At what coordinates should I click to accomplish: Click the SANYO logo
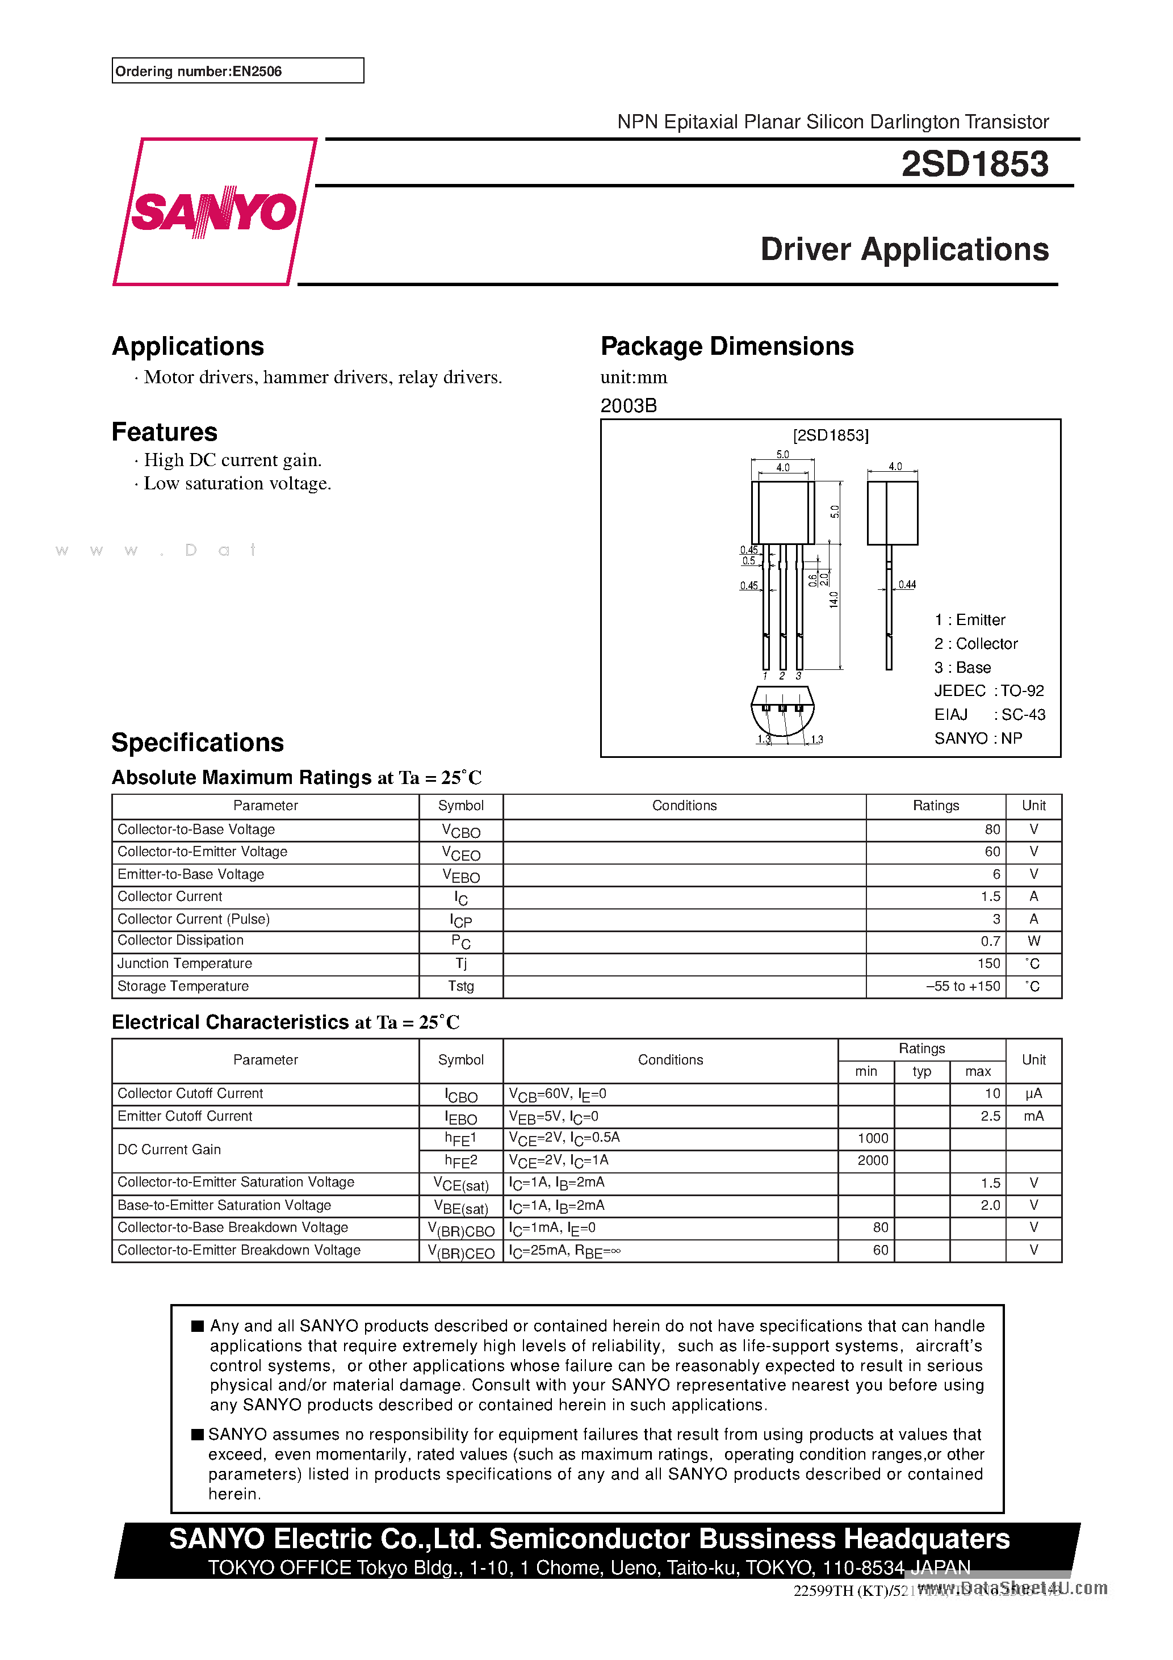coord(214,212)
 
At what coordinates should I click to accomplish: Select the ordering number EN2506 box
coord(237,71)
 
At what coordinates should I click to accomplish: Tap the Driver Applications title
coord(904,249)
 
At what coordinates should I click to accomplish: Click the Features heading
coord(164,431)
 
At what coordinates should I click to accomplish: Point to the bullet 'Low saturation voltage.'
coord(237,483)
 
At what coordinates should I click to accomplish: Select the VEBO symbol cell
coord(460,875)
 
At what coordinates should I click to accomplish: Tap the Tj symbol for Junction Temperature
coord(460,964)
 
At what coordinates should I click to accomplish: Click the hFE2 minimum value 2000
coord(872,1160)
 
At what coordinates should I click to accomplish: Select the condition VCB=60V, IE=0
coord(557,1094)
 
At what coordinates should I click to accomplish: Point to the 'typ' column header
coord(921,1071)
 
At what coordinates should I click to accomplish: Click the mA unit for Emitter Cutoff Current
coord(1033,1116)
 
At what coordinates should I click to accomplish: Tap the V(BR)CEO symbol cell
coord(460,1251)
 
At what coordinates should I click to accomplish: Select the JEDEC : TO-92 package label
coord(988,690)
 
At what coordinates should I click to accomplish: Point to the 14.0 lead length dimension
coord(833,600)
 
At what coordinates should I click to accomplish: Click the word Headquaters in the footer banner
coord(927,1539)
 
